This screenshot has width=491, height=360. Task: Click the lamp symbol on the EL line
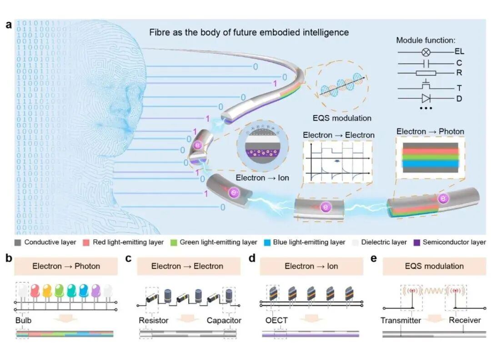point(426,52)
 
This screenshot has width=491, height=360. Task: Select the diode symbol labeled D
point(426,99)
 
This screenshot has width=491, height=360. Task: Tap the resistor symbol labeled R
point(426,73)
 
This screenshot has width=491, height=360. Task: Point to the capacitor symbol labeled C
point(426,64)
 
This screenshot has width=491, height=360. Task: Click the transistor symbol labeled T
point(426,85)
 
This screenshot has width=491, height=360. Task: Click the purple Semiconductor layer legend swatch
point(417,243)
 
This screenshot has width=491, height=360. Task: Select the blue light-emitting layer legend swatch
point(267,243)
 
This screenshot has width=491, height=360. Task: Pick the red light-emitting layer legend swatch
point(86,243)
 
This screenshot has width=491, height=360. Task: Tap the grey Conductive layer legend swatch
point(18,243)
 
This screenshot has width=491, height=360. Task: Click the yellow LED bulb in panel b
point(47,291)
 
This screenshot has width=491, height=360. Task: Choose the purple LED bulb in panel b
point(96,291)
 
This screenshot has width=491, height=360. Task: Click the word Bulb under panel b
point(24,320)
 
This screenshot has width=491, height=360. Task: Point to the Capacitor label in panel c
point(224,320)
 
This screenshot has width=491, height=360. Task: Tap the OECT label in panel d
point(276,320)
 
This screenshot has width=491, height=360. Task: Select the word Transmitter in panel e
point(401,320)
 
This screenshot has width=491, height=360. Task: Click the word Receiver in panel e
point(465,320)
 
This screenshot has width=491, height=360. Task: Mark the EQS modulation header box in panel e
point(434,266)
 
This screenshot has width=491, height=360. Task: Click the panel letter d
point(252,258)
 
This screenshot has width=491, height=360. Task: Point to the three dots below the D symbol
point(426,108)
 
